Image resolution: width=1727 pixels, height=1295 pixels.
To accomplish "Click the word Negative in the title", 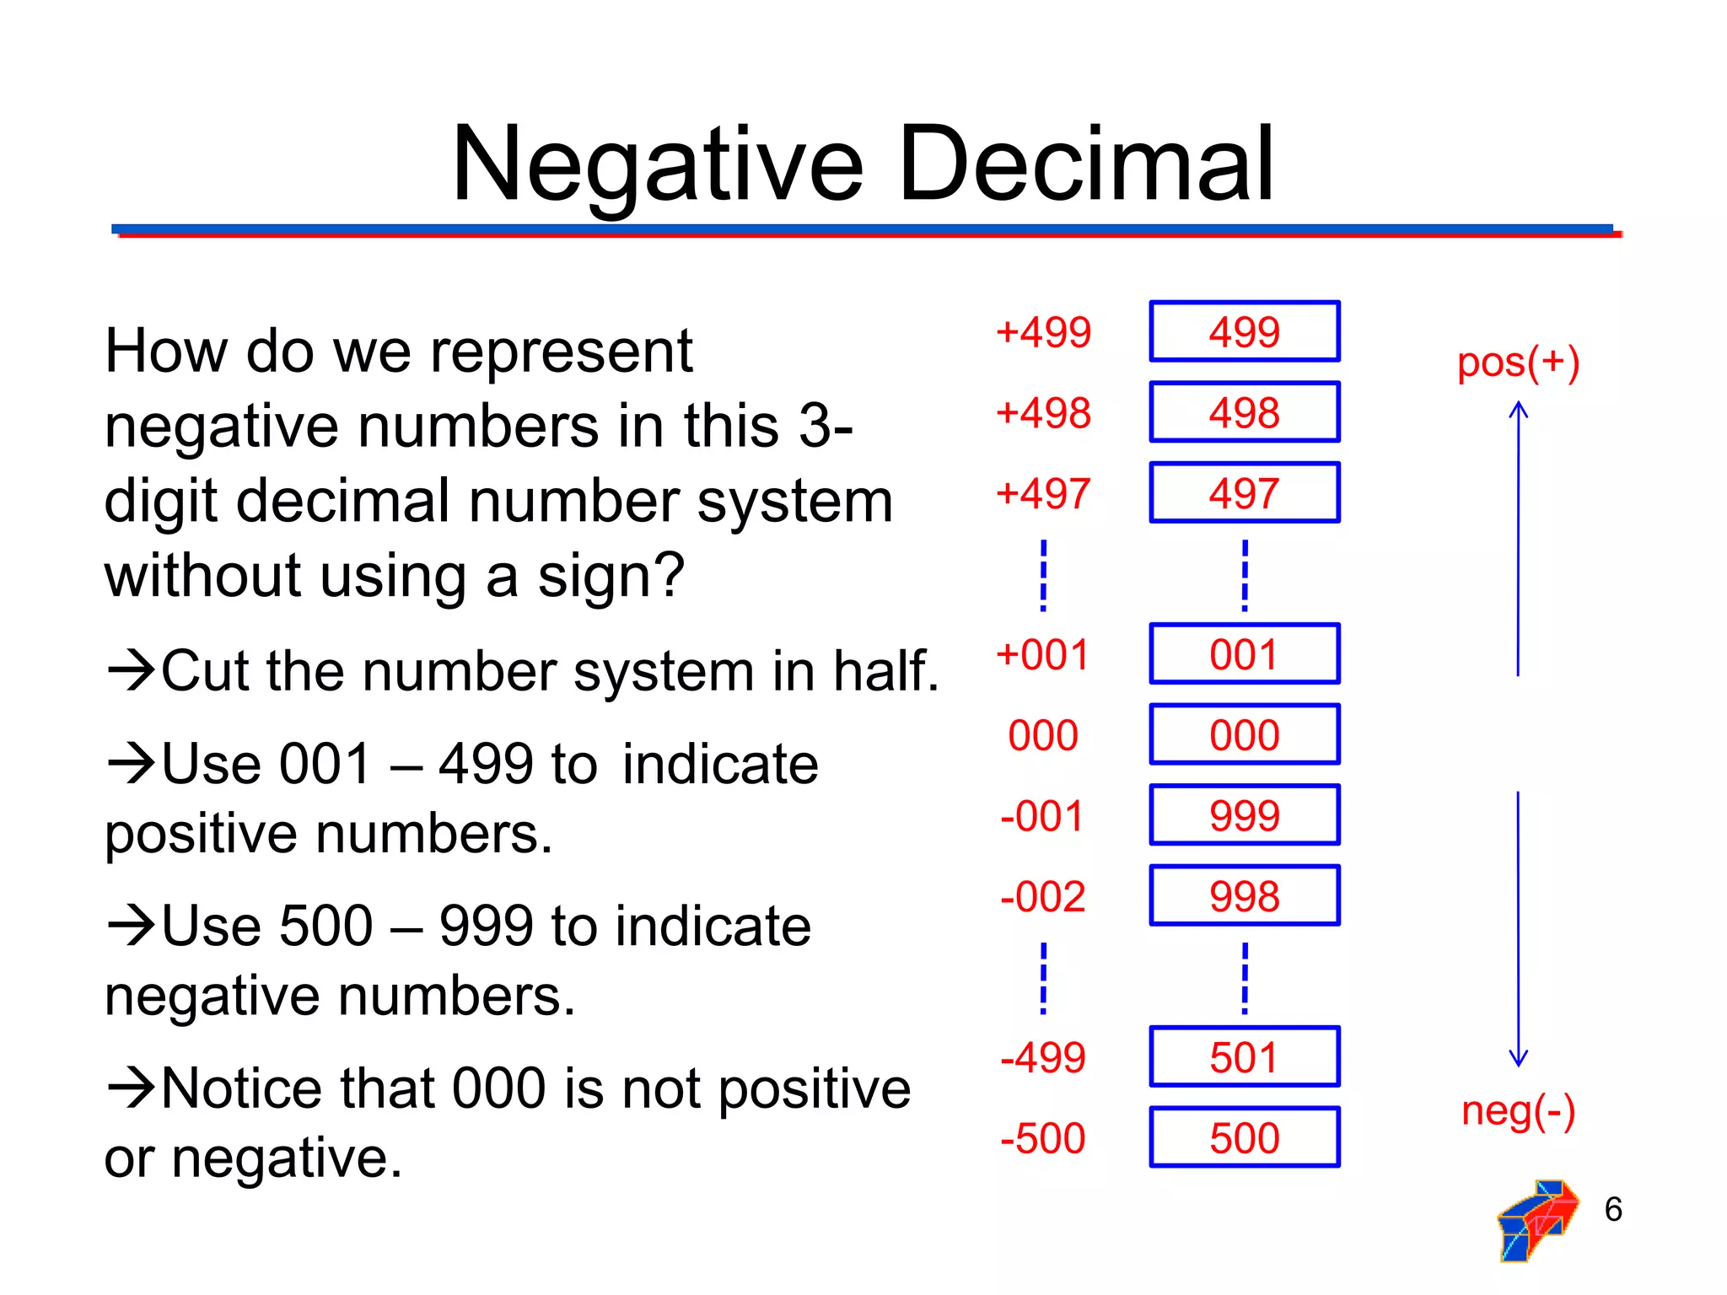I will click(658, 164).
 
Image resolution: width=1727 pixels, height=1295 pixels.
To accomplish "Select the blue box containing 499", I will click(1244, 331).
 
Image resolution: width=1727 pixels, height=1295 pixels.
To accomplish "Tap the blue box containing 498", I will click(1244, 412).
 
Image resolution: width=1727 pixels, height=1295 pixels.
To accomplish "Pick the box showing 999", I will click(1244, 815).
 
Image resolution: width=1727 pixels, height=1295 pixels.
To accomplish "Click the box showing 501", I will click(1244, 1057).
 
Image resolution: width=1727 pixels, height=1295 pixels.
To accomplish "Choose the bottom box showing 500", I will click(1244, 1137).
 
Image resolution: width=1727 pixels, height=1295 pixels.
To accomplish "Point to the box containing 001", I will click(1244, 654).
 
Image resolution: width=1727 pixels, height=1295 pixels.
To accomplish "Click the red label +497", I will click(1043, 493).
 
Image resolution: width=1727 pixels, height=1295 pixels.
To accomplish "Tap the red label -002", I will click(1042, 896).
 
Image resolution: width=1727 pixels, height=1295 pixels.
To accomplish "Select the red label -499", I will click(1042, 1057).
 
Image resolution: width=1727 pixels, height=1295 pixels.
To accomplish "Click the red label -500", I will click(1042, 1138).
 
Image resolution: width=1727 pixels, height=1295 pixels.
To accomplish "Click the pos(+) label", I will click(1518, 363).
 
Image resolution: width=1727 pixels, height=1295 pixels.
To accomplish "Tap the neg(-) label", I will click(1518, 1110).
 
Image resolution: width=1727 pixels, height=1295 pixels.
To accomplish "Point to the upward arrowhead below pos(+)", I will click(1518, 409).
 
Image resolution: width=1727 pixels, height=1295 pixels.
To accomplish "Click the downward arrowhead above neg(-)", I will click(1518, 1059).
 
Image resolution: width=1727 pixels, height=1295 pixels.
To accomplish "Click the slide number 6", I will click(1612, 1209).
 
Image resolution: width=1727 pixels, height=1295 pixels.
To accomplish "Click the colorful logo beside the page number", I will click(1536, 1219).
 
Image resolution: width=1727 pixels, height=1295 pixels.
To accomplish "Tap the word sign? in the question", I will click(611, 577).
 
